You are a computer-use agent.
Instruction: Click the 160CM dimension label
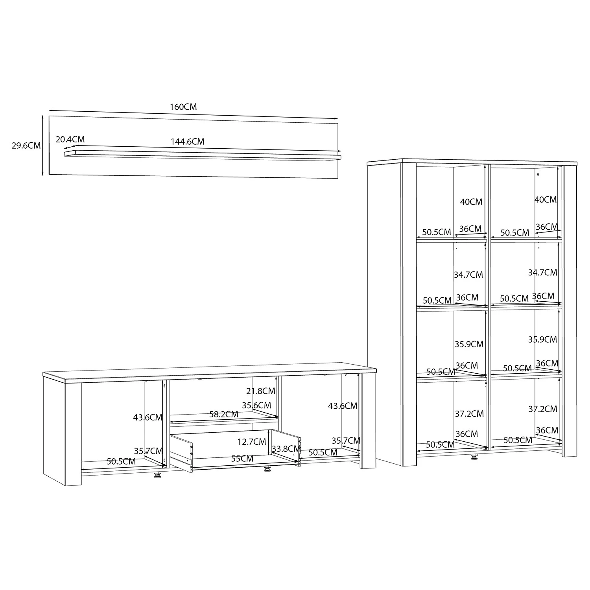[x=183, y=107]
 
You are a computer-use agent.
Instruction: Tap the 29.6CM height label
[x=26, y=146]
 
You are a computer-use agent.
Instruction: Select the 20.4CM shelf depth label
[x=70, y=139]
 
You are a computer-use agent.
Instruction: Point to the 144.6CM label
[x=187, y=142]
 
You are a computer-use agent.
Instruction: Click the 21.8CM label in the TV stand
[x=261, y=391]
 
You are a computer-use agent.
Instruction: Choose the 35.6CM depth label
[x=256, y=405]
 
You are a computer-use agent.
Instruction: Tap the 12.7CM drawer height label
[x=252, y=442]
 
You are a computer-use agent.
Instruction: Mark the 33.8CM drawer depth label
[x=286, y=448]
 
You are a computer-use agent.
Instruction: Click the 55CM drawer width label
[x=242, y=459]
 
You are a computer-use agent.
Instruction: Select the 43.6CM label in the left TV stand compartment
[x=147, y=417]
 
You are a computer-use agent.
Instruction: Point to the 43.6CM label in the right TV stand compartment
[x=343, y=406]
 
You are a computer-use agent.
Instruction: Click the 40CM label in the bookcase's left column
[x=471, y=202]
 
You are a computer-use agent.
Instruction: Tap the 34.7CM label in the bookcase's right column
[x=542, y=272]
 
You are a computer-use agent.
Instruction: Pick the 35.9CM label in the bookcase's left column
[x=469, y=344]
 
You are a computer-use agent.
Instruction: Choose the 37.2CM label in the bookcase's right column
[x=543, y=409]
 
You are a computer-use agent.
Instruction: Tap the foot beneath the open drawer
[x=268, y=468]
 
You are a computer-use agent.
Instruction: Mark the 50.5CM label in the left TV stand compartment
[x=121, y=461]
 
